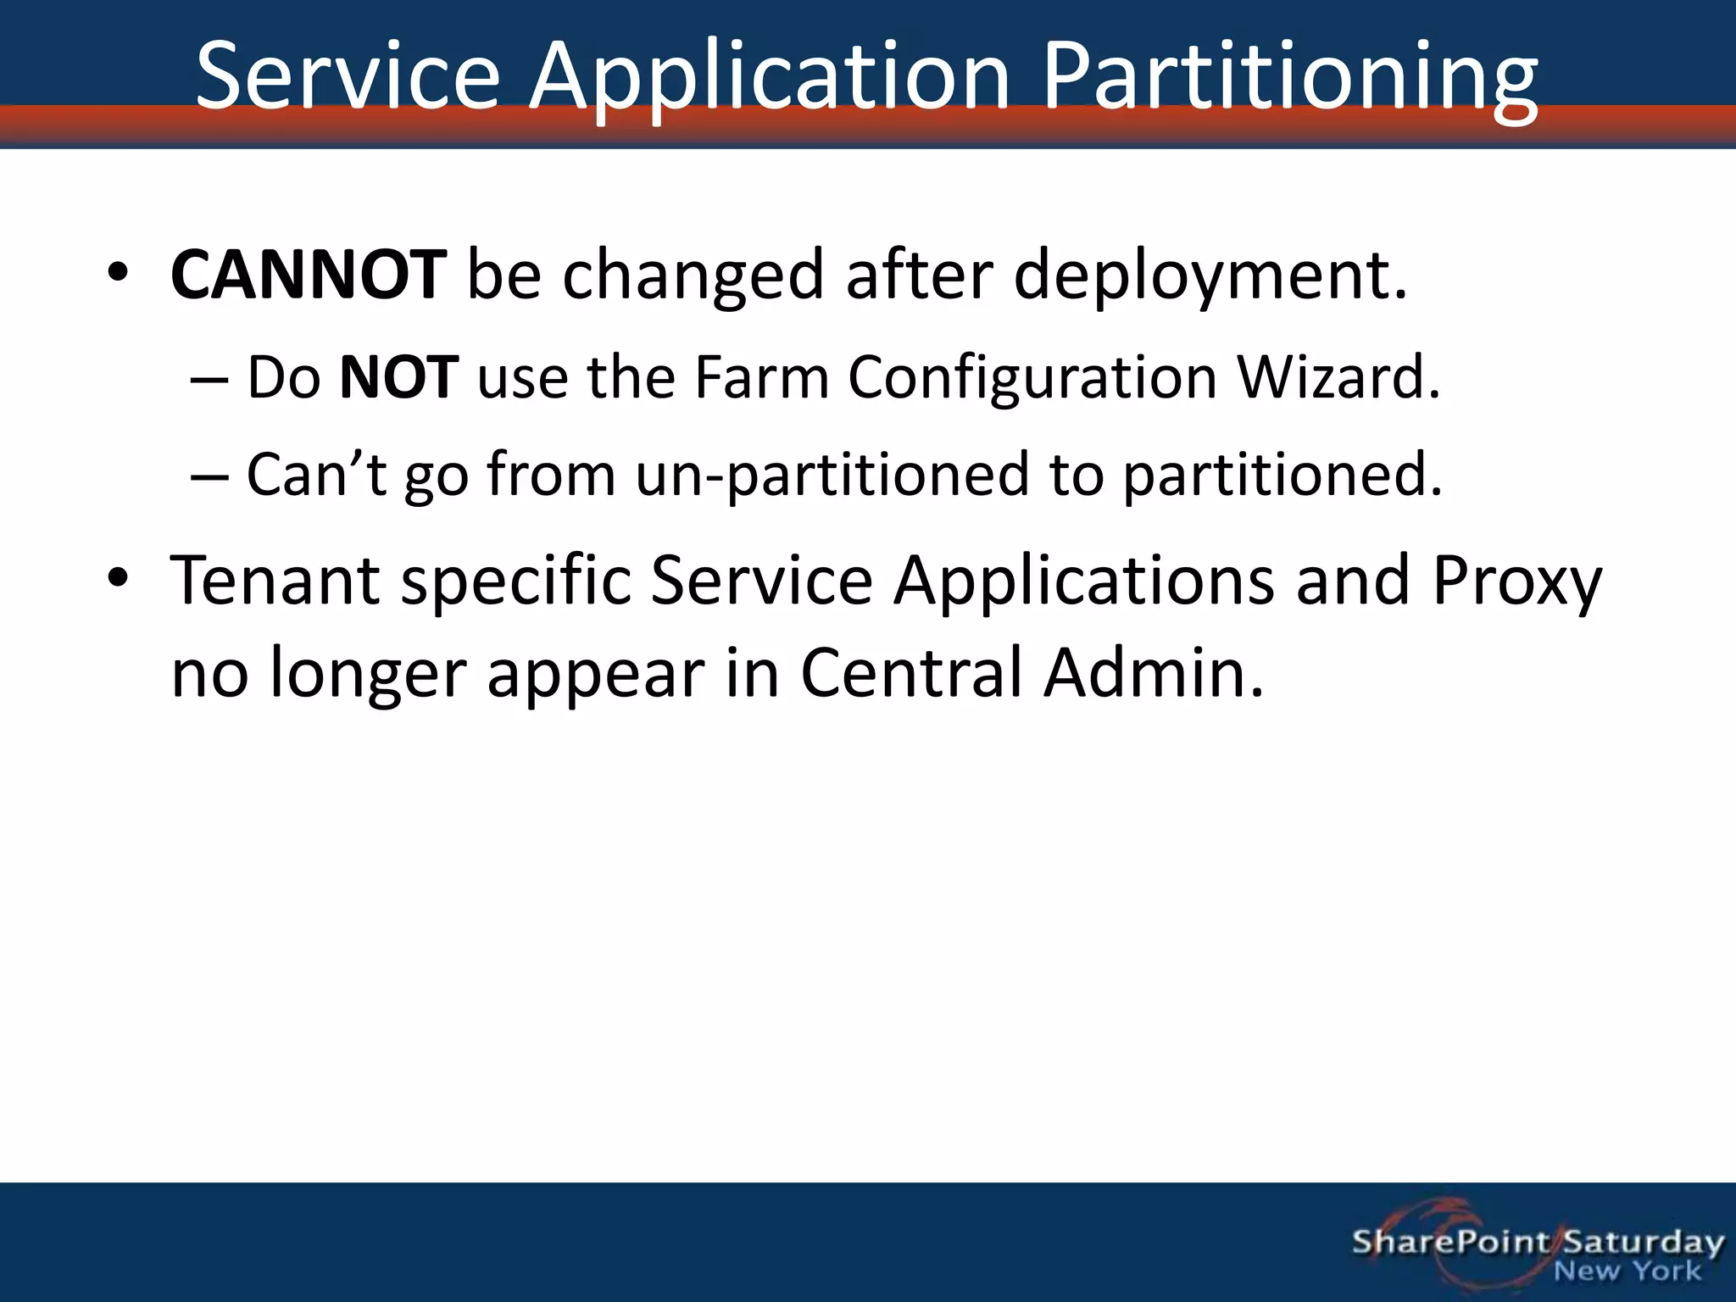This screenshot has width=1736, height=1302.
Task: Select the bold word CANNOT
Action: [x=308, y=275]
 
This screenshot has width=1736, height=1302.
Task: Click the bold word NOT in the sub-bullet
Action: [x=398, y=377]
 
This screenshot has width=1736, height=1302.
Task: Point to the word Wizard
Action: [x=1338, y=377]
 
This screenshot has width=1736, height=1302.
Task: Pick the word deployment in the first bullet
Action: [x=1210, y=275]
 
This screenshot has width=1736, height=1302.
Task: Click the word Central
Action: [x=911, y=673]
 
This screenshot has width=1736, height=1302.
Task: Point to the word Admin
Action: [x=1153, y=673]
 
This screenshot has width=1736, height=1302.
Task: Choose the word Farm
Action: [x=761, y=377]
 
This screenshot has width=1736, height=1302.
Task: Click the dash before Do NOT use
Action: [x=209, y=379]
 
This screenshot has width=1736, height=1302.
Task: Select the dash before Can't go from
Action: [x=209, y=476]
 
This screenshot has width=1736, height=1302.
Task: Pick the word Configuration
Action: [x=1032, y=377]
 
